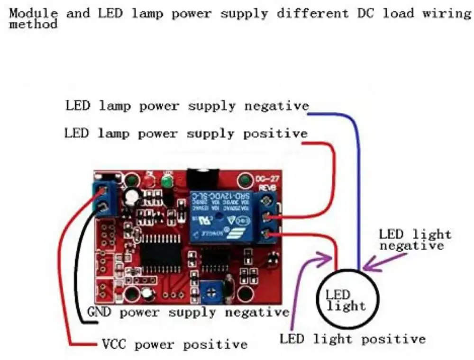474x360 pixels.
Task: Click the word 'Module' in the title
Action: point(34,13)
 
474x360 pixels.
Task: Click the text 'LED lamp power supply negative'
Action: point(187,106)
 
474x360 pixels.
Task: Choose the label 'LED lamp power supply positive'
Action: point(186,134)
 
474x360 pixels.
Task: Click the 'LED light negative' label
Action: point(415,239)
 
